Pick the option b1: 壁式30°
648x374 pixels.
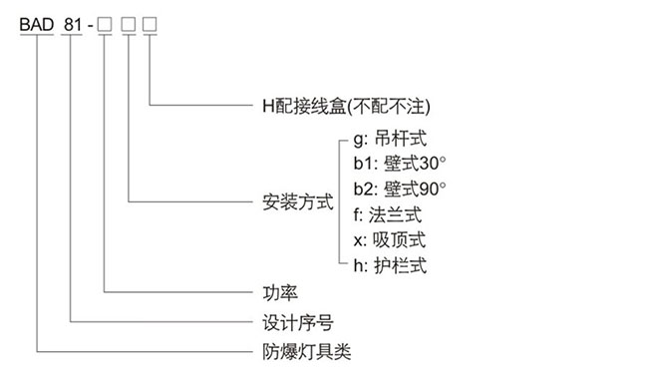click(x=398, y=165)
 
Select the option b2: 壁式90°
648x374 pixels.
click(x=398, y=189)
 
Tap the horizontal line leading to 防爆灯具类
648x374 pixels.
click(x=140, y=352)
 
